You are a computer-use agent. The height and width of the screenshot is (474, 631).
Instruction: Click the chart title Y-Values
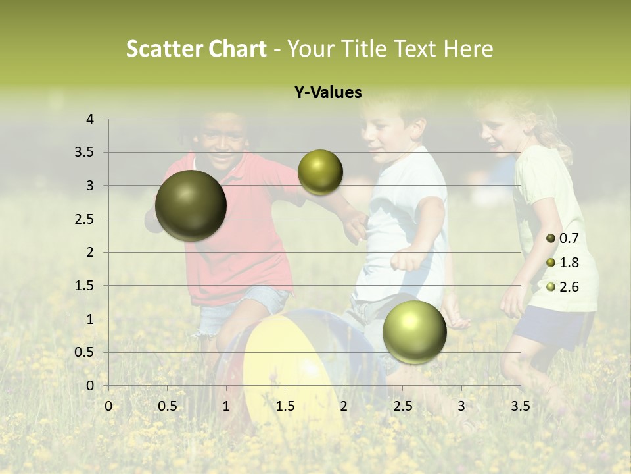click(327, 93)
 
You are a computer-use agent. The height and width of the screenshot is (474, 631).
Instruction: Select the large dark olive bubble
click(191, 205)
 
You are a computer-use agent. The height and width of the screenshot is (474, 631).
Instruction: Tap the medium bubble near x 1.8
click(320, 172)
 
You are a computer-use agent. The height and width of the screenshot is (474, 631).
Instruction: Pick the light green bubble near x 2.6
click(414, 332)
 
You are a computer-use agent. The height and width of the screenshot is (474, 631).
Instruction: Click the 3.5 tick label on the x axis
click(520, 406)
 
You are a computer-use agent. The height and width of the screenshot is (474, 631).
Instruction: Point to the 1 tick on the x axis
click(226, 406)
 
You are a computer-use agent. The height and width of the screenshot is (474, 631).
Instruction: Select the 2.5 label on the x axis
click(402, 406)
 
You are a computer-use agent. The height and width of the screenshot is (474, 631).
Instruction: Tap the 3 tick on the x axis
click(461, 406)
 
